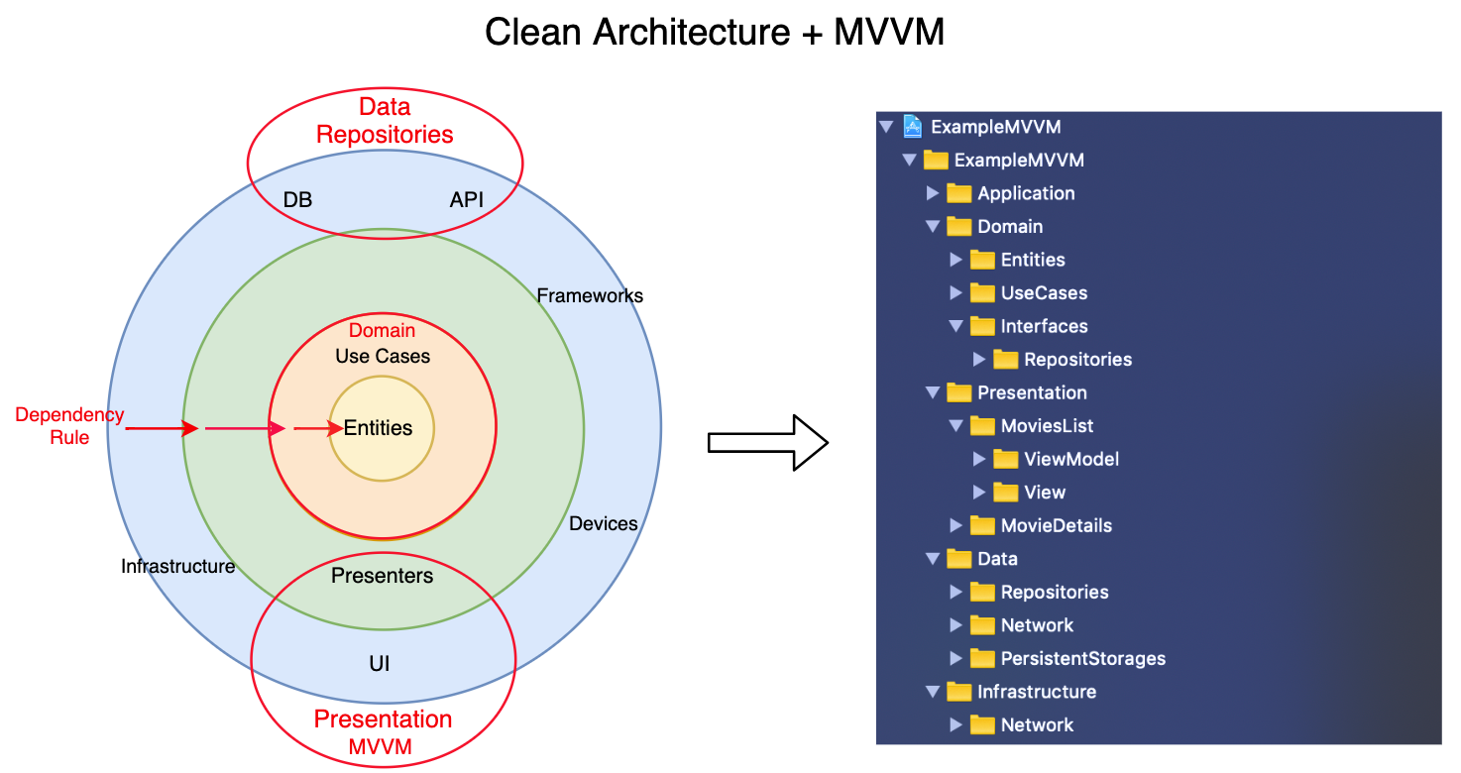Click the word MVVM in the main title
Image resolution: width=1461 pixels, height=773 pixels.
[x=888, y=33]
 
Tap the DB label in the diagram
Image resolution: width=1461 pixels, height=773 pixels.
[x=297, y=200]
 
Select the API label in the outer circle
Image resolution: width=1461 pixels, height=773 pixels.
[x=467, y=200]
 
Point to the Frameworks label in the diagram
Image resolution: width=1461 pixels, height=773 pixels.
[x=589, y=295]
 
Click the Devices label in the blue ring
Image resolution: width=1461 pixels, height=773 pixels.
[x=603, y=523]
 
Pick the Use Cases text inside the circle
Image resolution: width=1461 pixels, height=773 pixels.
[x=383, y=356]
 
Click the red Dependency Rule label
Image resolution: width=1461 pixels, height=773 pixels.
[x=69, y=426]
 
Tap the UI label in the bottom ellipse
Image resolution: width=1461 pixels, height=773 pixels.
[x=379, y=664]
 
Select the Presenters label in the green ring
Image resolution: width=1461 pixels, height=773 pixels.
[x=382, y=576]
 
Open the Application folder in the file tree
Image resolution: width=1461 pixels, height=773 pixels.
[x=1025, y=193]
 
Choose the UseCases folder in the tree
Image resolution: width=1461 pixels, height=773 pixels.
[x=1043, y=293]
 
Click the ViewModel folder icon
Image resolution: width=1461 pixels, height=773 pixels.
[x=1005, y=459]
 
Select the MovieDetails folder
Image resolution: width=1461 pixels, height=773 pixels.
[x=1056, y=525]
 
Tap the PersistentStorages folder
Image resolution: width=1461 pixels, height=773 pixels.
[x=1082, y=658]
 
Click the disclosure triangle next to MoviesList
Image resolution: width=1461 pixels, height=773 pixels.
[x=955, y=426]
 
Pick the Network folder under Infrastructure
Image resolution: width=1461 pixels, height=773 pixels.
[x=1036, y=724]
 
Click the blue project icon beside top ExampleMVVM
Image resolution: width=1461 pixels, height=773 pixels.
[x=913, y=127]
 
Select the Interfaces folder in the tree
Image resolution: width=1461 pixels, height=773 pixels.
[x=1043, y=326]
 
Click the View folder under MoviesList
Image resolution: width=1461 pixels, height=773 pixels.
[x=1044, y=493]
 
